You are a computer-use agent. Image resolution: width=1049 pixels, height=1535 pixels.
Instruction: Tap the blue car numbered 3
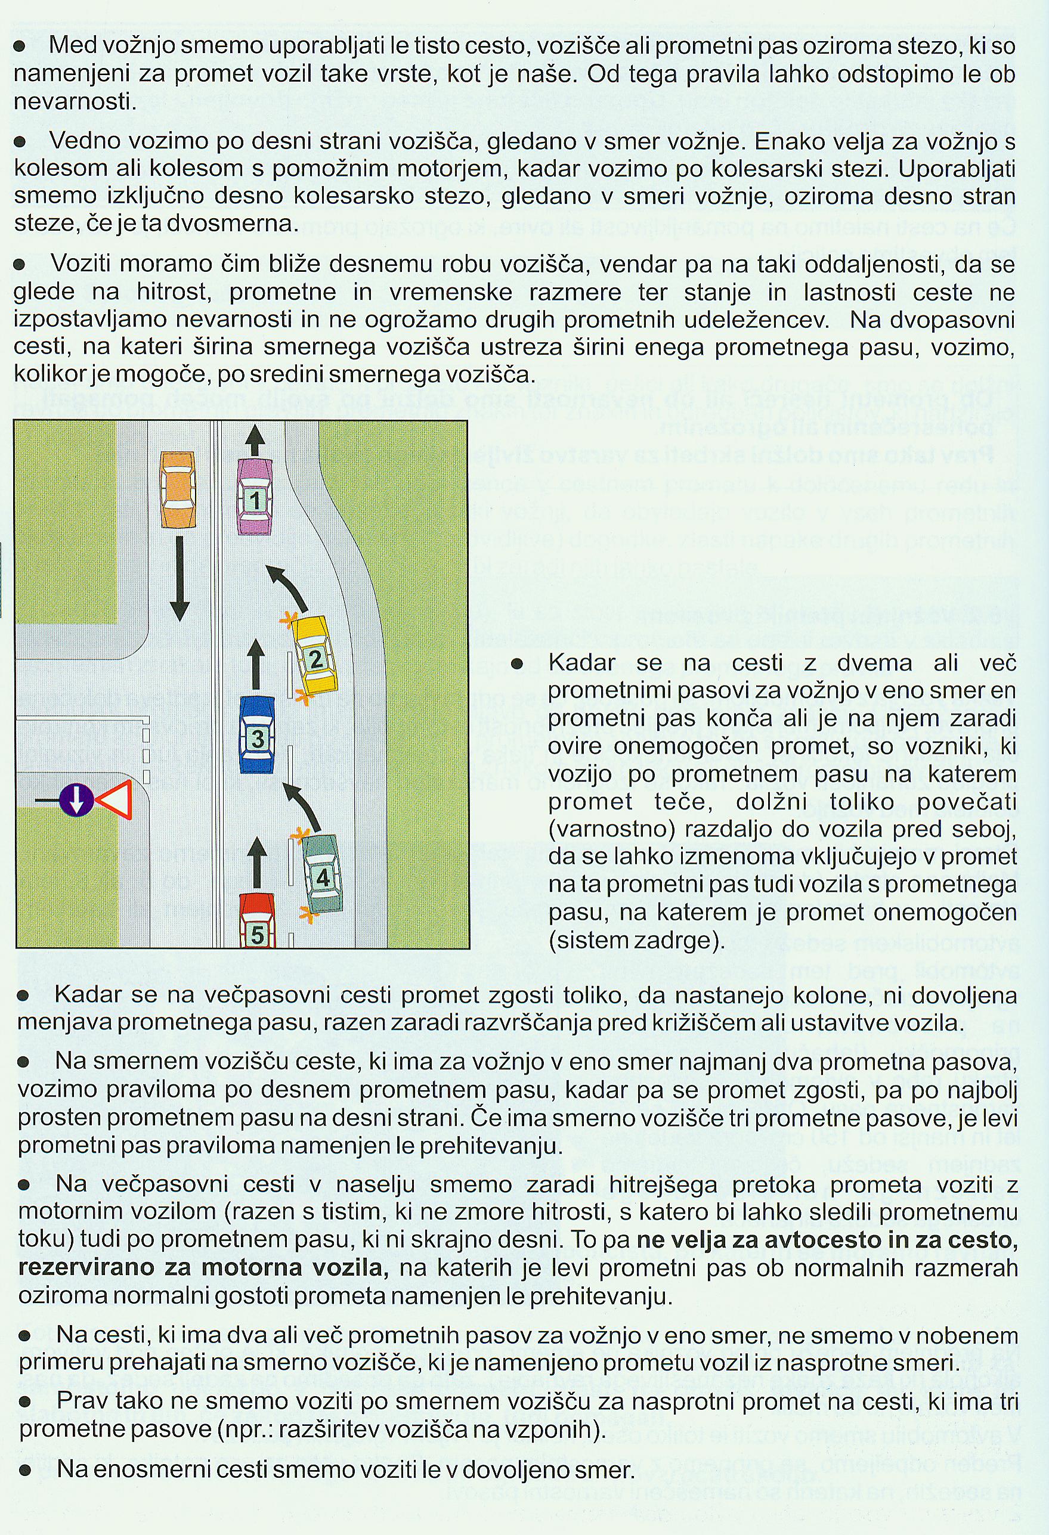[257, 735]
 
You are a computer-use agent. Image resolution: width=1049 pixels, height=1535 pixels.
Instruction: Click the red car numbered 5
[256, 921]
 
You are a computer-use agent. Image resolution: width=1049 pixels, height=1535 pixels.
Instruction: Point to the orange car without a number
[178, 489]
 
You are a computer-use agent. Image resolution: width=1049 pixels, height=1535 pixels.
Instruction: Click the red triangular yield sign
[115, 800]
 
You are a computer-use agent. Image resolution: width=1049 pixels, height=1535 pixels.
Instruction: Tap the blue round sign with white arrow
[76, 801]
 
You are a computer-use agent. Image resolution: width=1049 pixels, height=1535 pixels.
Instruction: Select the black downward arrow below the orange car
[179, 579]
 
